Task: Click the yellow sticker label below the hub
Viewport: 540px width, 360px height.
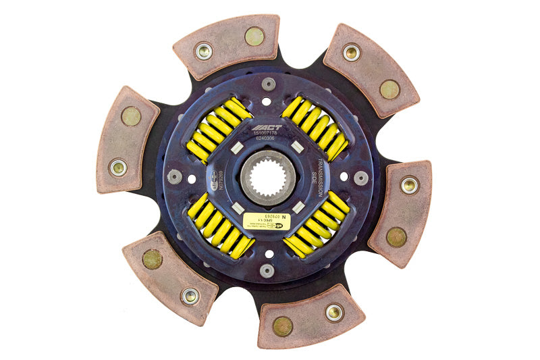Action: pyautogui.click(x=266, y=220)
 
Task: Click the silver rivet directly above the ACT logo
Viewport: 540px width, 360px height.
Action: pyautogui.click(x=269, y=84)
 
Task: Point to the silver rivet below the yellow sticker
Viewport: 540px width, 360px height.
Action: pyautogui.click(x=267, y=270)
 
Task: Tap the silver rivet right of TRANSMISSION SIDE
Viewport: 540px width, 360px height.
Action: pyautogui.click(x=361, y=178)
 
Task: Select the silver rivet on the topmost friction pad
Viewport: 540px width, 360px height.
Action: pyautogui.click(x=203, y=51)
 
